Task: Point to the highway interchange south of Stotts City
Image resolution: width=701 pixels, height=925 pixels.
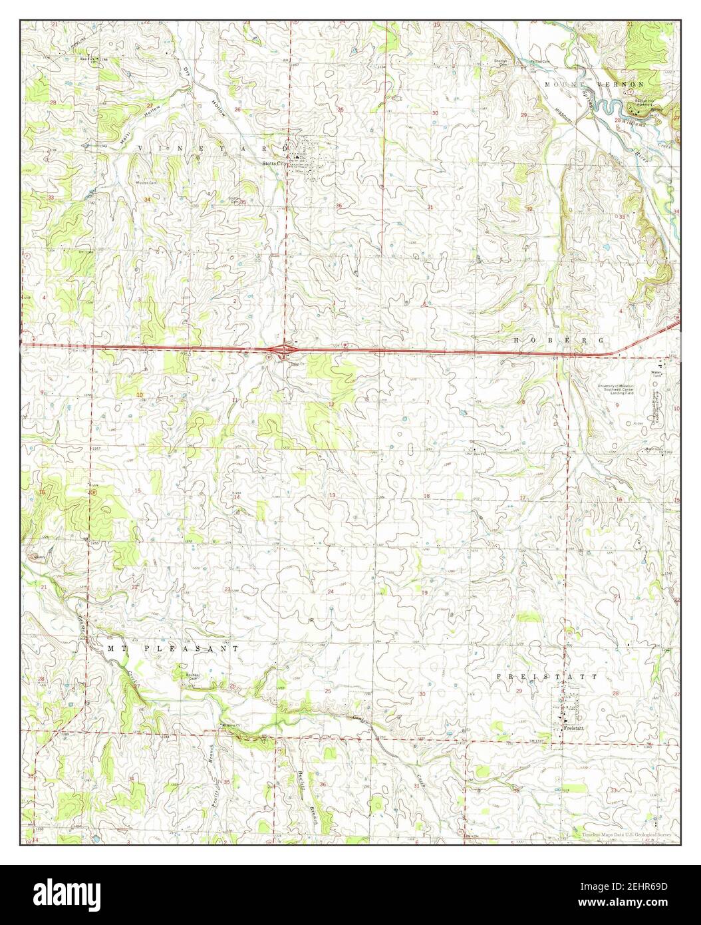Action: tap(286, 349)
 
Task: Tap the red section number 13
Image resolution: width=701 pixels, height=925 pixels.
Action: tap(332, 496)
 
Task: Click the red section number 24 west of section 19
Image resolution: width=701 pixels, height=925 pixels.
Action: tap(330, 591)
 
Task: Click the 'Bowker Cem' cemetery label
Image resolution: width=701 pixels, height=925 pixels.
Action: tap(193, 673)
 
